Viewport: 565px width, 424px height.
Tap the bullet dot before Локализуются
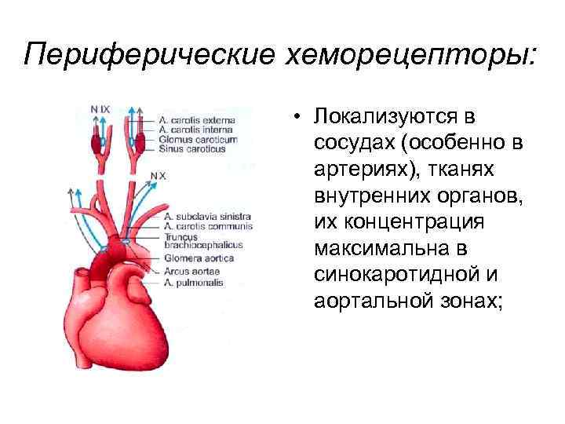tap(300, 118)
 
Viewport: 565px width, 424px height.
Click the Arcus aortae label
tap(189, 272)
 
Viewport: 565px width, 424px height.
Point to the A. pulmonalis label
tap(193, 281)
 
